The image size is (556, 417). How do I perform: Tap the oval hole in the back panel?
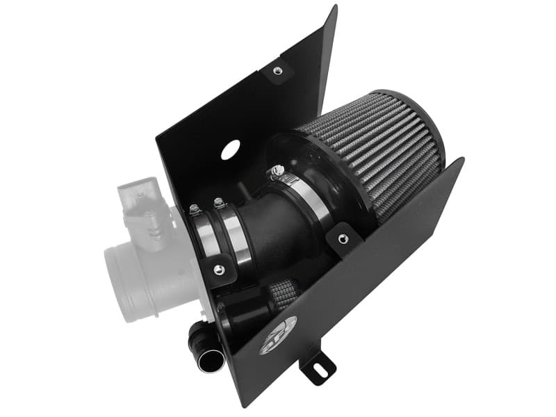click(230, 149)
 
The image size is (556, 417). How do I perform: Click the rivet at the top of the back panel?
click(277, 70)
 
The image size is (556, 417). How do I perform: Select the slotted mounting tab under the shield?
click(318, 363)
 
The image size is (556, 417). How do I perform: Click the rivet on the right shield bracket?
click(341, 239)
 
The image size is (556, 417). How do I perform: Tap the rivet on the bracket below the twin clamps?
click(220, 270)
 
